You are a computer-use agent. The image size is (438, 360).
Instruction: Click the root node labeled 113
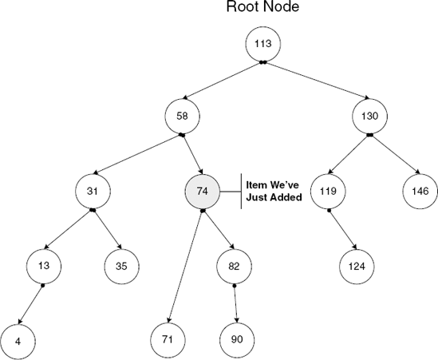(262, 45)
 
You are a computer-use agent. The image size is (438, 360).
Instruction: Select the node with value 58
(182, 117)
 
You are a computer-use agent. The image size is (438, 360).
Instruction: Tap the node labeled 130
(369, 117)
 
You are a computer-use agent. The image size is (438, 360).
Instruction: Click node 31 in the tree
(93, 192)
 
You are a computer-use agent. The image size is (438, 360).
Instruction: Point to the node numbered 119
(328, 192)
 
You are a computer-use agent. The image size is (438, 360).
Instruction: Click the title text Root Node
(262, 9)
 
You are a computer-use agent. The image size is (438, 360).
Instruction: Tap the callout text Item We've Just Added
(274, 191)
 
